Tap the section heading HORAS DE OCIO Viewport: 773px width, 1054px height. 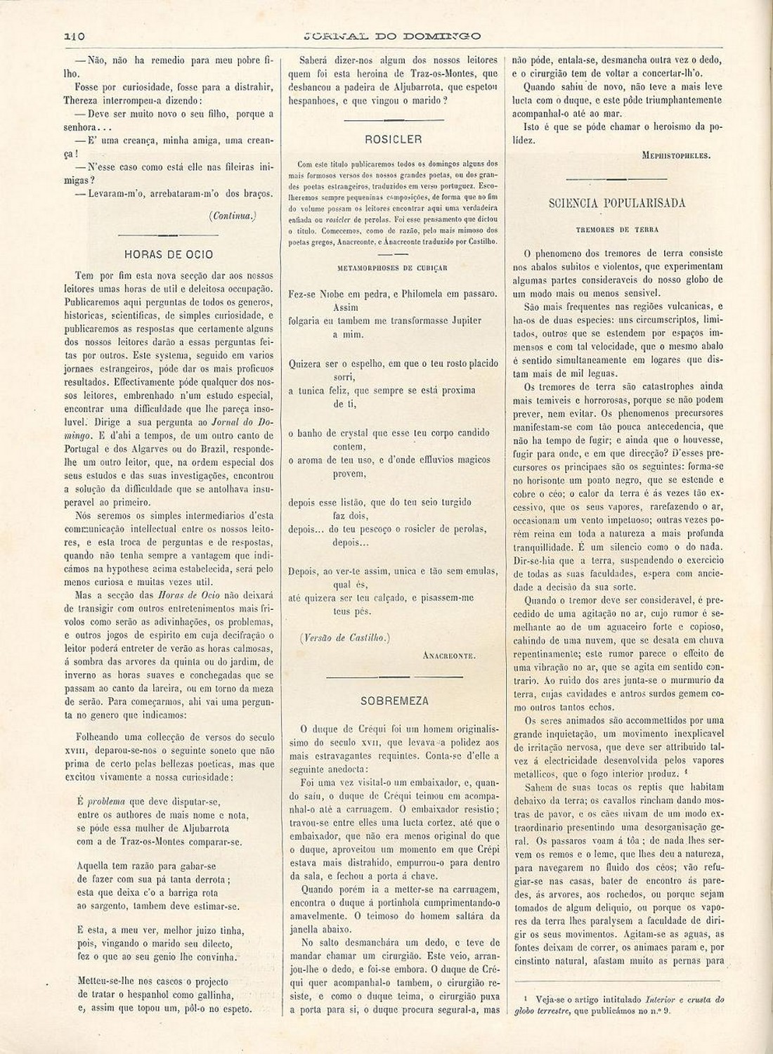tap(168, 254)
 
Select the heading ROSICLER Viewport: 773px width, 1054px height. tap(394, 139)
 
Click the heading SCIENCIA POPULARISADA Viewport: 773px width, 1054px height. tap(617, 203)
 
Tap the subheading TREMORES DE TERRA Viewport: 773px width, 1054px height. tap(617, 230)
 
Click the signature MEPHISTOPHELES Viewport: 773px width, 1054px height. tap(676, 156)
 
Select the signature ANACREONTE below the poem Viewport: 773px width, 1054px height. tap(450, 656)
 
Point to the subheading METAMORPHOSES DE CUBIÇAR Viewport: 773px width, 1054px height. tap(393, 268)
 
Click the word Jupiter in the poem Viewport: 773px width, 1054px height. tap(462, 320)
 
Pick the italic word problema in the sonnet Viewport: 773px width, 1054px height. tap(106, 801)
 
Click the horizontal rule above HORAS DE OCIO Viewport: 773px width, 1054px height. tap(168, 234)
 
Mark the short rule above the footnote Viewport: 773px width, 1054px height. tap(617, 981)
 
